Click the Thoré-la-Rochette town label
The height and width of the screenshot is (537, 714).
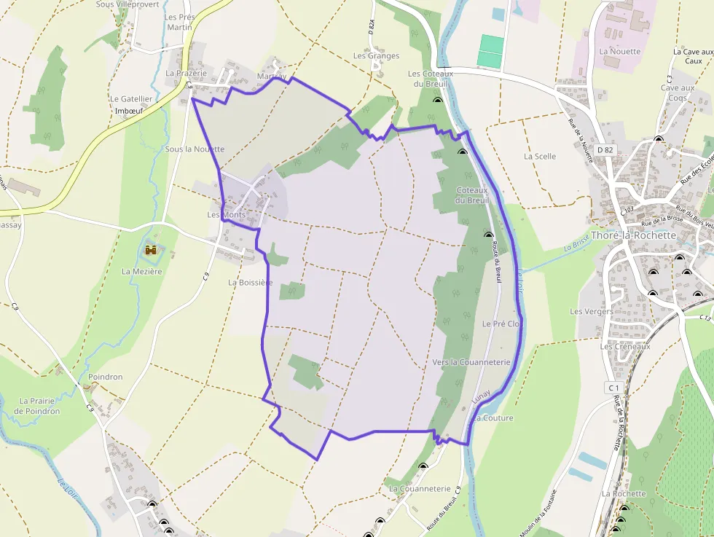pos(634,236)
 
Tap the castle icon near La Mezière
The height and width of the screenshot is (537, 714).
pos(152,251)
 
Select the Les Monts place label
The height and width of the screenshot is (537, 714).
pos(227,215)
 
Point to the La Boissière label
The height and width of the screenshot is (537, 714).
pos(250,282)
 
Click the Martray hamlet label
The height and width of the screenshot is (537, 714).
pos(272,77)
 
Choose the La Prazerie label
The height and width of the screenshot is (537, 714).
pos(187,74)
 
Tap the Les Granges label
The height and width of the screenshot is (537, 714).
pos(376,56)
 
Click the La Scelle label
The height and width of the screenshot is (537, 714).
pos(540,157)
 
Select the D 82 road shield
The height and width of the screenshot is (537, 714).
pos(605,150)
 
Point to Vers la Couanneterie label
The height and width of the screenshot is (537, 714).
pos(471,362)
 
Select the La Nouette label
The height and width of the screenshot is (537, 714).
pos(620,52)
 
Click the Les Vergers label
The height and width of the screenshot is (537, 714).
pos(592,312)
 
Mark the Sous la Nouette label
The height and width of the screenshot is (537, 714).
pos(195,149)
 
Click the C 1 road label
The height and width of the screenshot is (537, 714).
pos(613,388)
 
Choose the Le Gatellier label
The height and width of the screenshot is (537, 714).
pos(131,99)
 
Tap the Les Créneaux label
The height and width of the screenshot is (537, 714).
pos(625,347)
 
